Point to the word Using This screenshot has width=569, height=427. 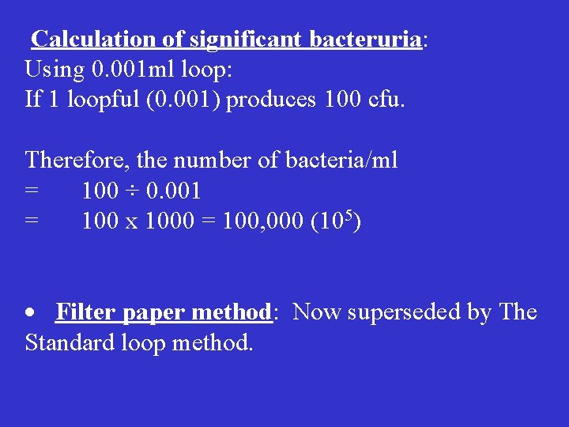pyautogui.click(x=54, y=69)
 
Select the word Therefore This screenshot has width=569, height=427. pyautogui.click(x=76, y=161)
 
